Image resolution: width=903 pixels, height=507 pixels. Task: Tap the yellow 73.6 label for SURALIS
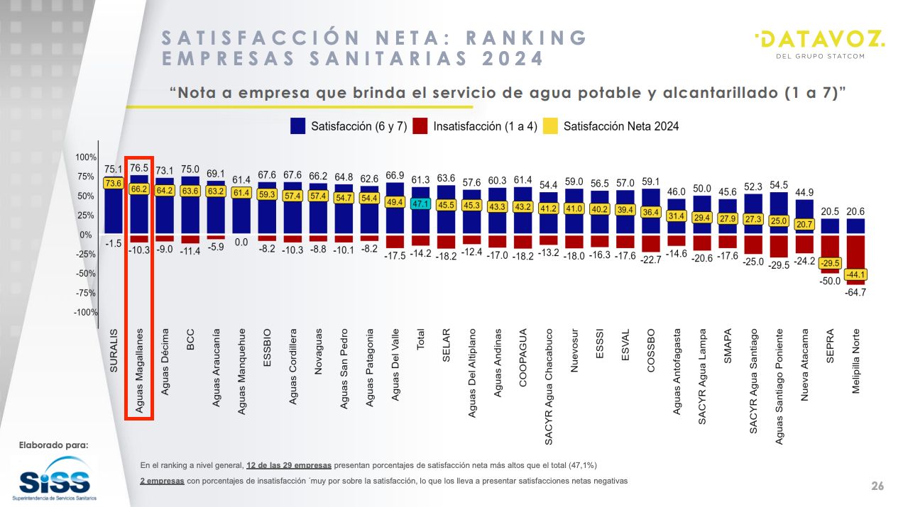click(114, 184)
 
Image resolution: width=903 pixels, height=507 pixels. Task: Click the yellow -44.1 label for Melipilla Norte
click(855, 275)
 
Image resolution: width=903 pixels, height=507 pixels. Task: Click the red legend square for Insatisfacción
click(420, 126)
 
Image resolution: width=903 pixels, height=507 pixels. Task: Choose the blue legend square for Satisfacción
click(298, 126)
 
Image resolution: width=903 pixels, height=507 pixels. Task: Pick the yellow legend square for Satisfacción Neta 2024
click(550, 126)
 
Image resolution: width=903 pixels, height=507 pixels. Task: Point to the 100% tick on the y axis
click(86, 157)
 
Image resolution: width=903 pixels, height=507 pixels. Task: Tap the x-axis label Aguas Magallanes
click(140, 370)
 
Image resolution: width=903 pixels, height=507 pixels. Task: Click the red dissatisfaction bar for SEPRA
click(830, 254)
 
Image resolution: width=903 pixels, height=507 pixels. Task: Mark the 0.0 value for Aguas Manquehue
click(241, 243)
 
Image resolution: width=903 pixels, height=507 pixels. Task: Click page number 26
click(877, 486)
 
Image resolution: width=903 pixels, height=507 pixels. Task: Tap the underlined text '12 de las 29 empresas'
click(288, 465)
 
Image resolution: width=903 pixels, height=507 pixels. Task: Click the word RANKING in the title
click(519, 38)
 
